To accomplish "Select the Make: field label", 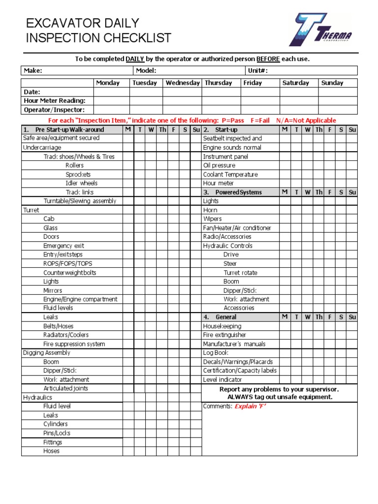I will (x=33, y=71).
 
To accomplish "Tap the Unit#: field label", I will (x=257, y=71).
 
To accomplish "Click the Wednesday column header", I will (x=183, y=83).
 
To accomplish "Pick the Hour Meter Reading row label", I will (x=55, y=101).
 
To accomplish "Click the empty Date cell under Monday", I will (x=111, y=92).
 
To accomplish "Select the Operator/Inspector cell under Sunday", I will (x=337, y=110).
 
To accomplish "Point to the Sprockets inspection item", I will (x=78, y=174).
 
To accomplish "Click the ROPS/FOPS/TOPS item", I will (x=67, y=263).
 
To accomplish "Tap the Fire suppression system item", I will (x=74, y=344).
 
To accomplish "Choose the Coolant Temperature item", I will (x=230, y=174).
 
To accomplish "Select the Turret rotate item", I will (x=240, y=273).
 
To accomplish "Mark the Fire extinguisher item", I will (x=224, y=335).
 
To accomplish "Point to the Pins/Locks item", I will (x=57, y=433).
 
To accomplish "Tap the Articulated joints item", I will (x=66, y=388).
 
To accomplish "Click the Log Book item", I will (x=216, y=353).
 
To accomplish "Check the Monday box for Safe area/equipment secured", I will (x=128, y=138).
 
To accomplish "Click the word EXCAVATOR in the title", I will (x=58, y=23).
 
